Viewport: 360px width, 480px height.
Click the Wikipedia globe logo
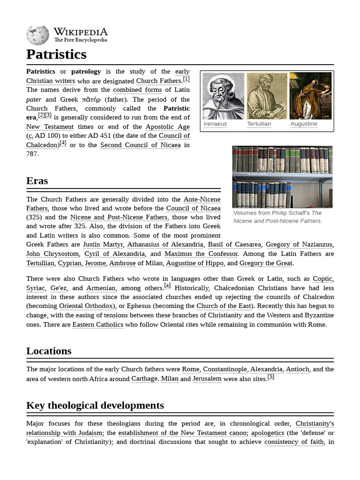point(37,35)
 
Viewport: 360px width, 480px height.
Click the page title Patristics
point(56,54)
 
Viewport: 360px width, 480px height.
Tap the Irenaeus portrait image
point(223,96)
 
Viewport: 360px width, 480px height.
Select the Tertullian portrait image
point(267,96)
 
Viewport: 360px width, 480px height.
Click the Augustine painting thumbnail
point(310,96)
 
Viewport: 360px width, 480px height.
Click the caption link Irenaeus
point(215,124)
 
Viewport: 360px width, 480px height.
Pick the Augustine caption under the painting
point(304,124)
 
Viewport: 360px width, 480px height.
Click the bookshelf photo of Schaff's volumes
point(282,177)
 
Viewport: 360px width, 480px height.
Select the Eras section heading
point(37,181)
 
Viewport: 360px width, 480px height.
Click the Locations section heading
point(49,351)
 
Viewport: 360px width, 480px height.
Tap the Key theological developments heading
point(95,405)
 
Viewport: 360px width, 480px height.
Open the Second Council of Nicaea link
point(140,145)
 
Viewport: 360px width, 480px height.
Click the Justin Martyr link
point(103,244)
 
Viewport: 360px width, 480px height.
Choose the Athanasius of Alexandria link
point(165,244)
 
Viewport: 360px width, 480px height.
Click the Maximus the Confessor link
point(201,254)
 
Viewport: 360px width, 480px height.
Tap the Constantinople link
point(225,369)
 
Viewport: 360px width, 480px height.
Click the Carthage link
point(144,379)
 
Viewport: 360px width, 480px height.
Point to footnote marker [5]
point(271,377)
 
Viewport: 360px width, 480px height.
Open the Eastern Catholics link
point(98,324)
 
